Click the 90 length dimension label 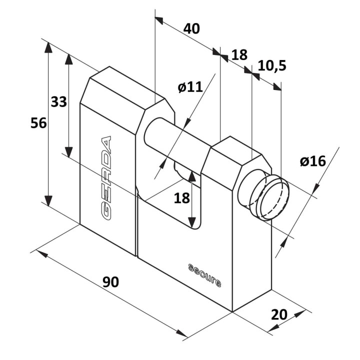point(110,282)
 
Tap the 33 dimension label point(59,101)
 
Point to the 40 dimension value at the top point(191,28)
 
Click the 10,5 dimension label point(272,65)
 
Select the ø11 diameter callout point(190,87)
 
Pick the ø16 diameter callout point(313,161)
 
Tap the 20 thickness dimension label point(279,314)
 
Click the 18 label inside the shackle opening point(182,198)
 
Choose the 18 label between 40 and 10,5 point(239,55)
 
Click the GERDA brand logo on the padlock point(106,178)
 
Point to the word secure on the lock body point(204,275)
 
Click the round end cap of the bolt point(273,197)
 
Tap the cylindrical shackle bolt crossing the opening point(177,142)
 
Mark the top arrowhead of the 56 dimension point(48,47)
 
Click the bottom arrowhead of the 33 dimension point(68,152)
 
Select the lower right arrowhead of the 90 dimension point(181,333)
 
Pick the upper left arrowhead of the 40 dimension point(159,20)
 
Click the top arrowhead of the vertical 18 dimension point(191,176)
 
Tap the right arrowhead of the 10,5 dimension point(277,87)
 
